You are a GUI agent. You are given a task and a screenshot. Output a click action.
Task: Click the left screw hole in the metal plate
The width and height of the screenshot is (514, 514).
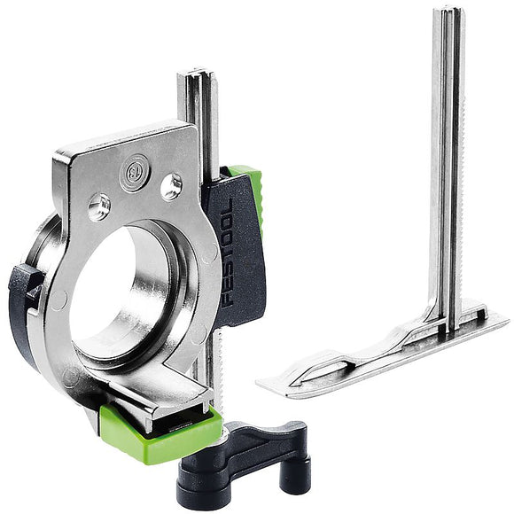[99, 206]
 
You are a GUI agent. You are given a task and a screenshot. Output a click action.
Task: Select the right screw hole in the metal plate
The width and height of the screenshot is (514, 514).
[170, 186]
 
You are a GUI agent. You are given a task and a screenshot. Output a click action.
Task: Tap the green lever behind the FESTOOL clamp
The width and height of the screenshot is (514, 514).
[253, 191]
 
